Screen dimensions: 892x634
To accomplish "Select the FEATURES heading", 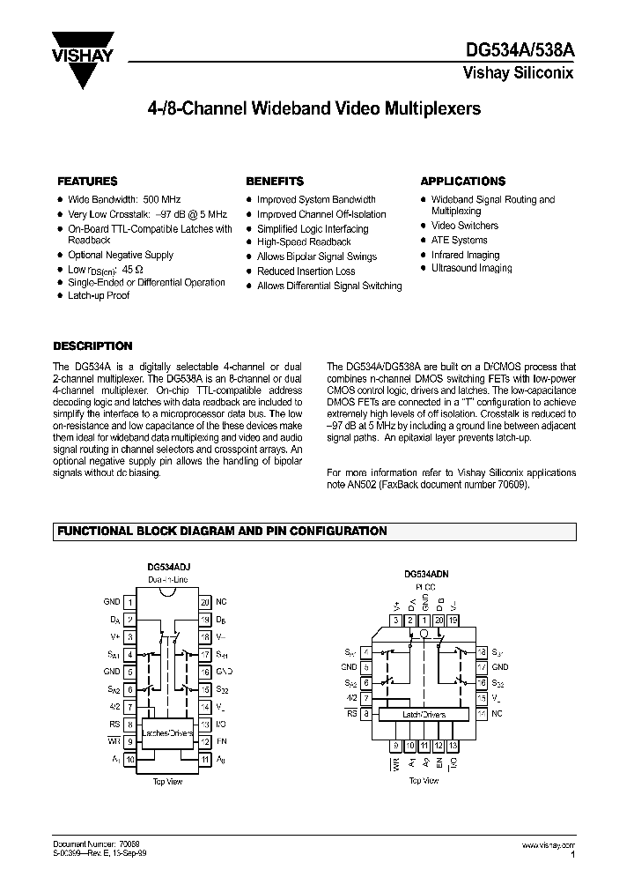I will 87,181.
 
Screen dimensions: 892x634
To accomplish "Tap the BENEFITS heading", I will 275,181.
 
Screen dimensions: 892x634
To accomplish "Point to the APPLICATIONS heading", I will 462,181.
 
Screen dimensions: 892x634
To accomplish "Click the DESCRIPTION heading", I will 92,346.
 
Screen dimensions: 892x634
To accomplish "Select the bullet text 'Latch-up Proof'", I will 99,296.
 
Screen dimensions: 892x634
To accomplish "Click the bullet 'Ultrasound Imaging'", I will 471,268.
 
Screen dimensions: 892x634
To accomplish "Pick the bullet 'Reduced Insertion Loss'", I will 306,271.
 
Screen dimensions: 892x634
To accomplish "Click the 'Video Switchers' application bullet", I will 464,226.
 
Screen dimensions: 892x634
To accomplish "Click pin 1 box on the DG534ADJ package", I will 129,602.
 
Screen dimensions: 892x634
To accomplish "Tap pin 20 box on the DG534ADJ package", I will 204,602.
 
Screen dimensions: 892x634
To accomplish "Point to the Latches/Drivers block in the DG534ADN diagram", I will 424,715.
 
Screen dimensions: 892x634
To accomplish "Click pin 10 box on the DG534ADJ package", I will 129,758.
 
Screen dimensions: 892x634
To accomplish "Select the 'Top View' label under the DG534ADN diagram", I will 424,781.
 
